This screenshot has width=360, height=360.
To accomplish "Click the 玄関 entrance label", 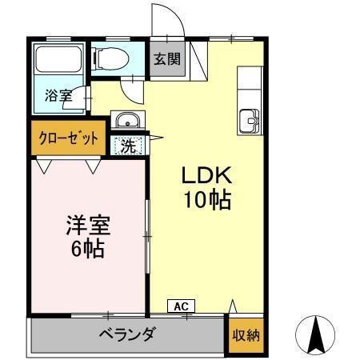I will point(168,58).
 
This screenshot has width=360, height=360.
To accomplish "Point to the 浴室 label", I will point(58,95).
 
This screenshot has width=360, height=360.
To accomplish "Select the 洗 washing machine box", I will point(128,146).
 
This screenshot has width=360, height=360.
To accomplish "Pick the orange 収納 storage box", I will point(246,335).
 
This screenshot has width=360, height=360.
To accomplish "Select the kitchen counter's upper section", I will point(250,84).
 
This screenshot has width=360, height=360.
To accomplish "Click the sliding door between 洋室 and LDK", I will point(147,236).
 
